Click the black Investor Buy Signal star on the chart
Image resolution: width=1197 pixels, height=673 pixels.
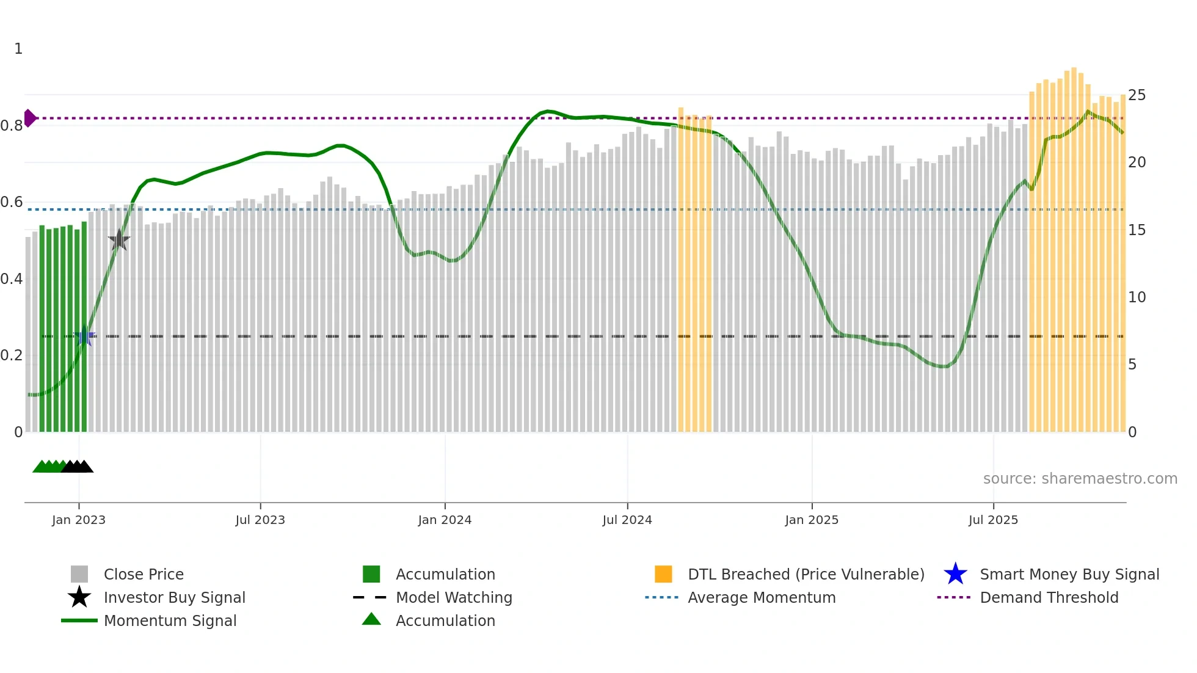(119, 241)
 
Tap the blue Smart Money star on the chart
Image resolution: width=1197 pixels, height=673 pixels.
(84, 336)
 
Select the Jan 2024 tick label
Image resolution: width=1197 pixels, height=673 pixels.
(445, 520)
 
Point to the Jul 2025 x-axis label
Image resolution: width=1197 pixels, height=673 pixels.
(993, 520)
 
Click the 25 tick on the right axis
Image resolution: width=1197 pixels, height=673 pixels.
(1137, 95)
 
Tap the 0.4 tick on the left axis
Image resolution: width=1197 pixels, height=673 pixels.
(12, 279)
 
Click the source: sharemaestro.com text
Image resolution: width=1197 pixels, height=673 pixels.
(1080, 479)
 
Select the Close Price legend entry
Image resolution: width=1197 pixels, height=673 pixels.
(144, 574)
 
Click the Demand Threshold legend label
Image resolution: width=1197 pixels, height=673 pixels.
(1049, 597)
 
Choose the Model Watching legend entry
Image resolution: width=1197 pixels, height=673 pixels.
(454, 597)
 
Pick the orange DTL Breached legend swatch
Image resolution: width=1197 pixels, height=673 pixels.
(663, 574)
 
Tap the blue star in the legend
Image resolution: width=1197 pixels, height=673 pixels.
(955, 574)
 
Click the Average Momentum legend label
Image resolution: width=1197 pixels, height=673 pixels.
(762, 597)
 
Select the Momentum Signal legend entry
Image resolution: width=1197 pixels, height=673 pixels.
(170, 620)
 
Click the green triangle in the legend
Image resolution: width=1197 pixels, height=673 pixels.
(371, 619)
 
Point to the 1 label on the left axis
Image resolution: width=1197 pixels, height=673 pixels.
(18, 49)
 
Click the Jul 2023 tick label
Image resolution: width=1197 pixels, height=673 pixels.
(260, 520)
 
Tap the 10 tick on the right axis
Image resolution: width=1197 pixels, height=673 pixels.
(1137, 297)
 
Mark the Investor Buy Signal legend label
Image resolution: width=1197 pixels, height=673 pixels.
(174, 597)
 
